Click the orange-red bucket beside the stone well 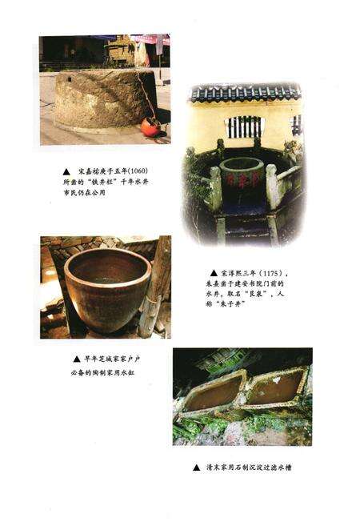[149, 126]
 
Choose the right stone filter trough [277, 386]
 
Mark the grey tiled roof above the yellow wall [244, 94]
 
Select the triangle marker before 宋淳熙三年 [214, 272]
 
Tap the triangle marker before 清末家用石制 [196, 467]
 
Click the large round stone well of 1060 [99, 100]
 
